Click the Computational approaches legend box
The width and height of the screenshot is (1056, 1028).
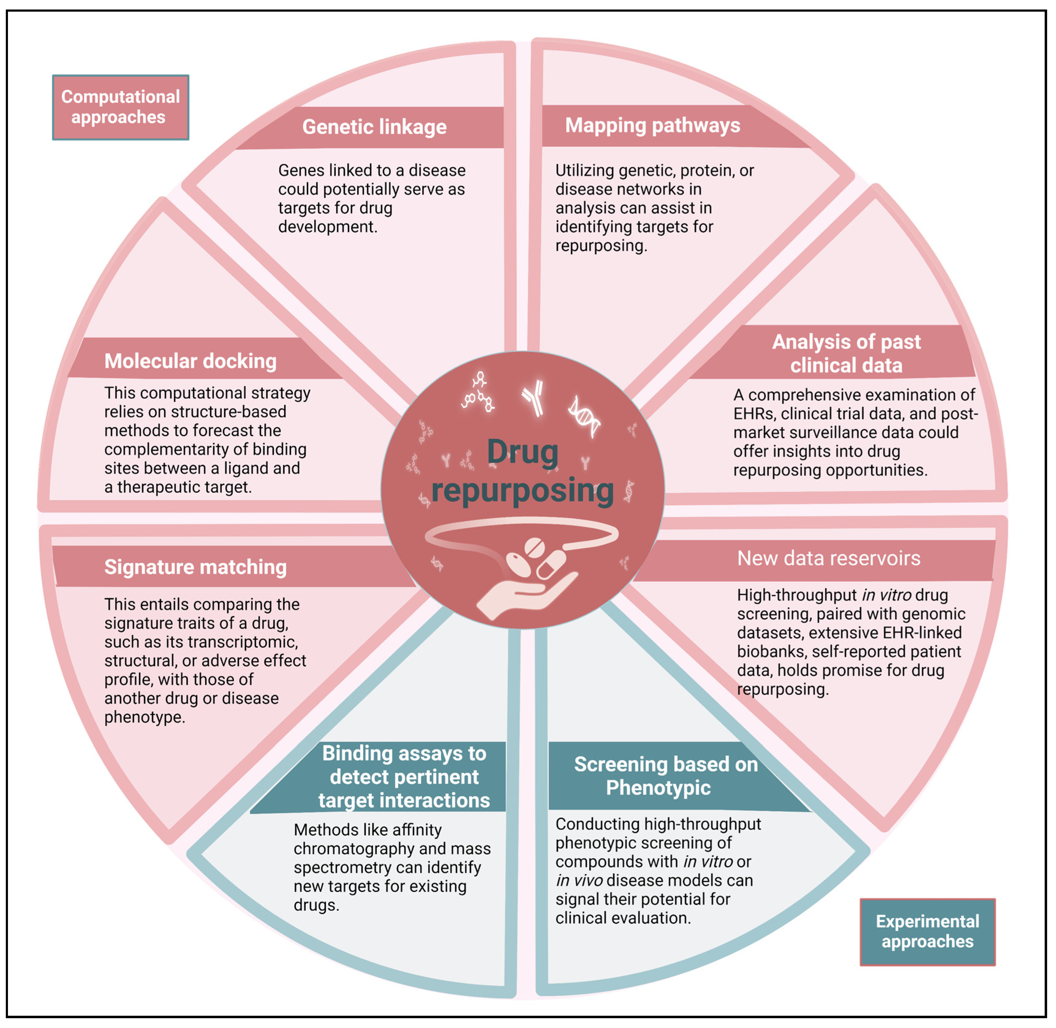120,107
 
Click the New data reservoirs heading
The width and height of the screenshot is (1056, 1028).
828,558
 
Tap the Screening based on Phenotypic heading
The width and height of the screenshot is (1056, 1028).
665,776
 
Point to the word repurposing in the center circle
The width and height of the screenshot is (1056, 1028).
522,490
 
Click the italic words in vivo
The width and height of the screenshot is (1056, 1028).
579,880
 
